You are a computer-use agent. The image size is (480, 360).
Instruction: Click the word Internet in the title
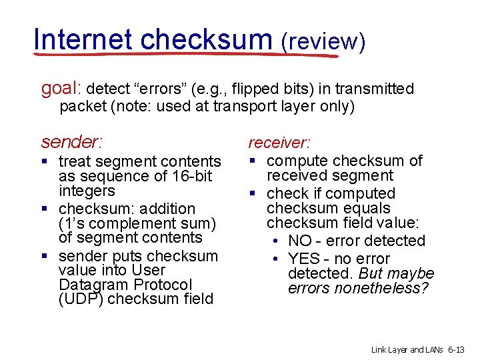point(83,39)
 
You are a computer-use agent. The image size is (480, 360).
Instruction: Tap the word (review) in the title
point(323,41)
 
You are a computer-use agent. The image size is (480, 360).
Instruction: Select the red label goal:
point(62,89)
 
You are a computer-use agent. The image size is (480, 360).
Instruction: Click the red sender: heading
point(71,142)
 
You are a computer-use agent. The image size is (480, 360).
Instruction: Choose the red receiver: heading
point(279,143)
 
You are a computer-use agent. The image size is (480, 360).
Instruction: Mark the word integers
point(87,191)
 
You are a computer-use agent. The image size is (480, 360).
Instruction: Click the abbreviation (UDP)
point(81,299)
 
